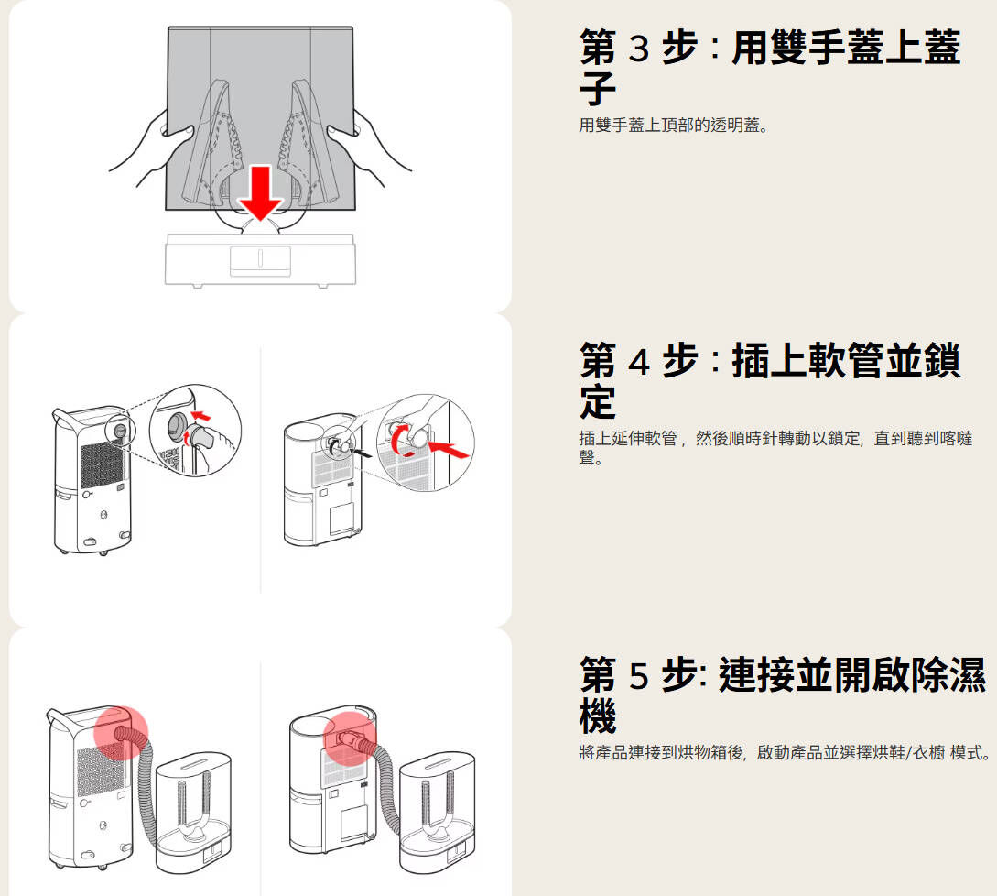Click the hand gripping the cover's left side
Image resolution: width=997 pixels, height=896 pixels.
(x=146, y=147)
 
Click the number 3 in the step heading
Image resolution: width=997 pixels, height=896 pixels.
(x=638, y=48)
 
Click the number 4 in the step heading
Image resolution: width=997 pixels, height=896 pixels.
(x=638, y=361)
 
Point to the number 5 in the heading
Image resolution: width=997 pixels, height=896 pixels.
(x=638, y=675)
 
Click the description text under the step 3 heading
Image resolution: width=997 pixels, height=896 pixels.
(x=673, y=125)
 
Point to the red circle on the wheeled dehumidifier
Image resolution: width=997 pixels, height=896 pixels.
(x=121, y=733)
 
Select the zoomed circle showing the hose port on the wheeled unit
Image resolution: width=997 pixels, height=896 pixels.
(x=194, y=429)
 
